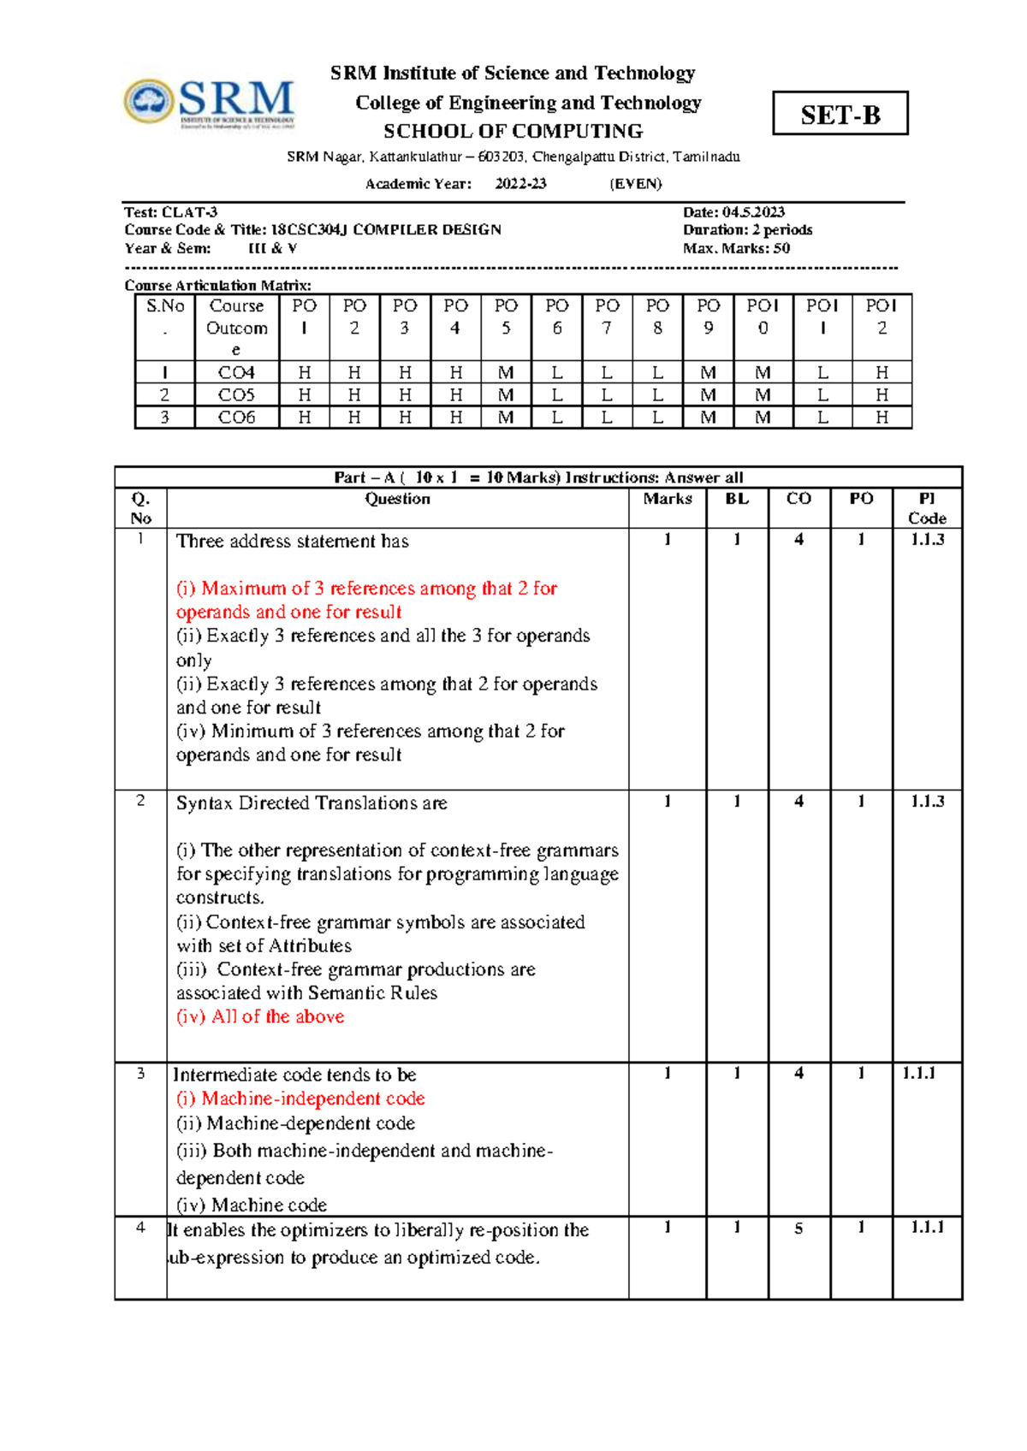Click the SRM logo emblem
(150, 101)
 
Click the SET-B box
(840, 114)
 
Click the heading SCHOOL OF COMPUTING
(513, 131)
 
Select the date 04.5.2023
(753, 212)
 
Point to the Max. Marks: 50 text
(736, 248)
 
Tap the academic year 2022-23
(520, 183)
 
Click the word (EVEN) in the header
(635, 183)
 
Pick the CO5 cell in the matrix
(236, 394)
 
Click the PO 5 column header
(506, 317)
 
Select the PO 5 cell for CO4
(506, 372)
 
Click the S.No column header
(165, 317)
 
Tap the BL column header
(737, 499)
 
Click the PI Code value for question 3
(918, 1074)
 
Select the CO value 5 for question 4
(798, 1228)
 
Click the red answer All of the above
(260, 1016)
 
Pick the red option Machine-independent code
(300, 1099)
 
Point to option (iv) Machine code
(252, 1205)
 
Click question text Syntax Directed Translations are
(312, 803)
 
